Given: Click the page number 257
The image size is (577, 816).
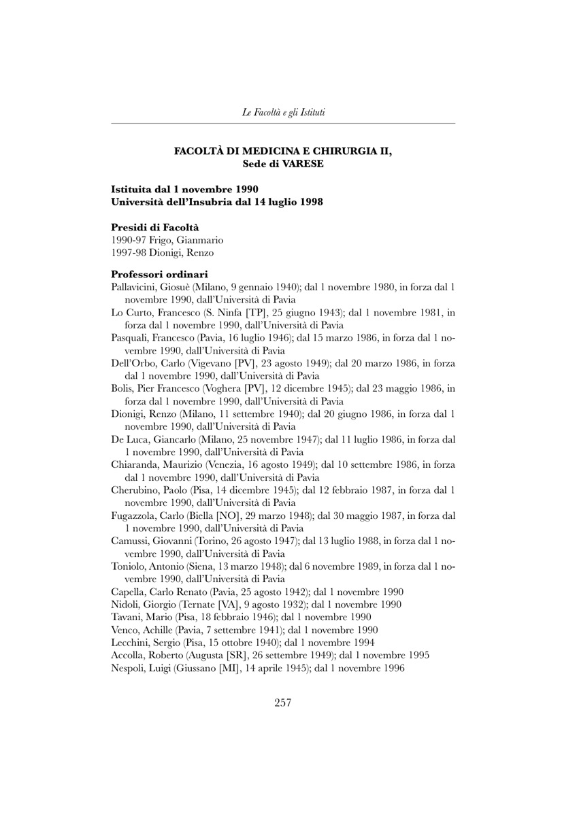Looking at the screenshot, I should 282,703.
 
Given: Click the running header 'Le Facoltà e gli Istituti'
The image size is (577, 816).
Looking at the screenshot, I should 283,112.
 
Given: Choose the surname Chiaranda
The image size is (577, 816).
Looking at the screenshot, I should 135,465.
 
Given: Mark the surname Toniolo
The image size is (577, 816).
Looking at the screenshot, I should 130,566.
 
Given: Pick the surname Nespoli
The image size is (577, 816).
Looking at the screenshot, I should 129,668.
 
